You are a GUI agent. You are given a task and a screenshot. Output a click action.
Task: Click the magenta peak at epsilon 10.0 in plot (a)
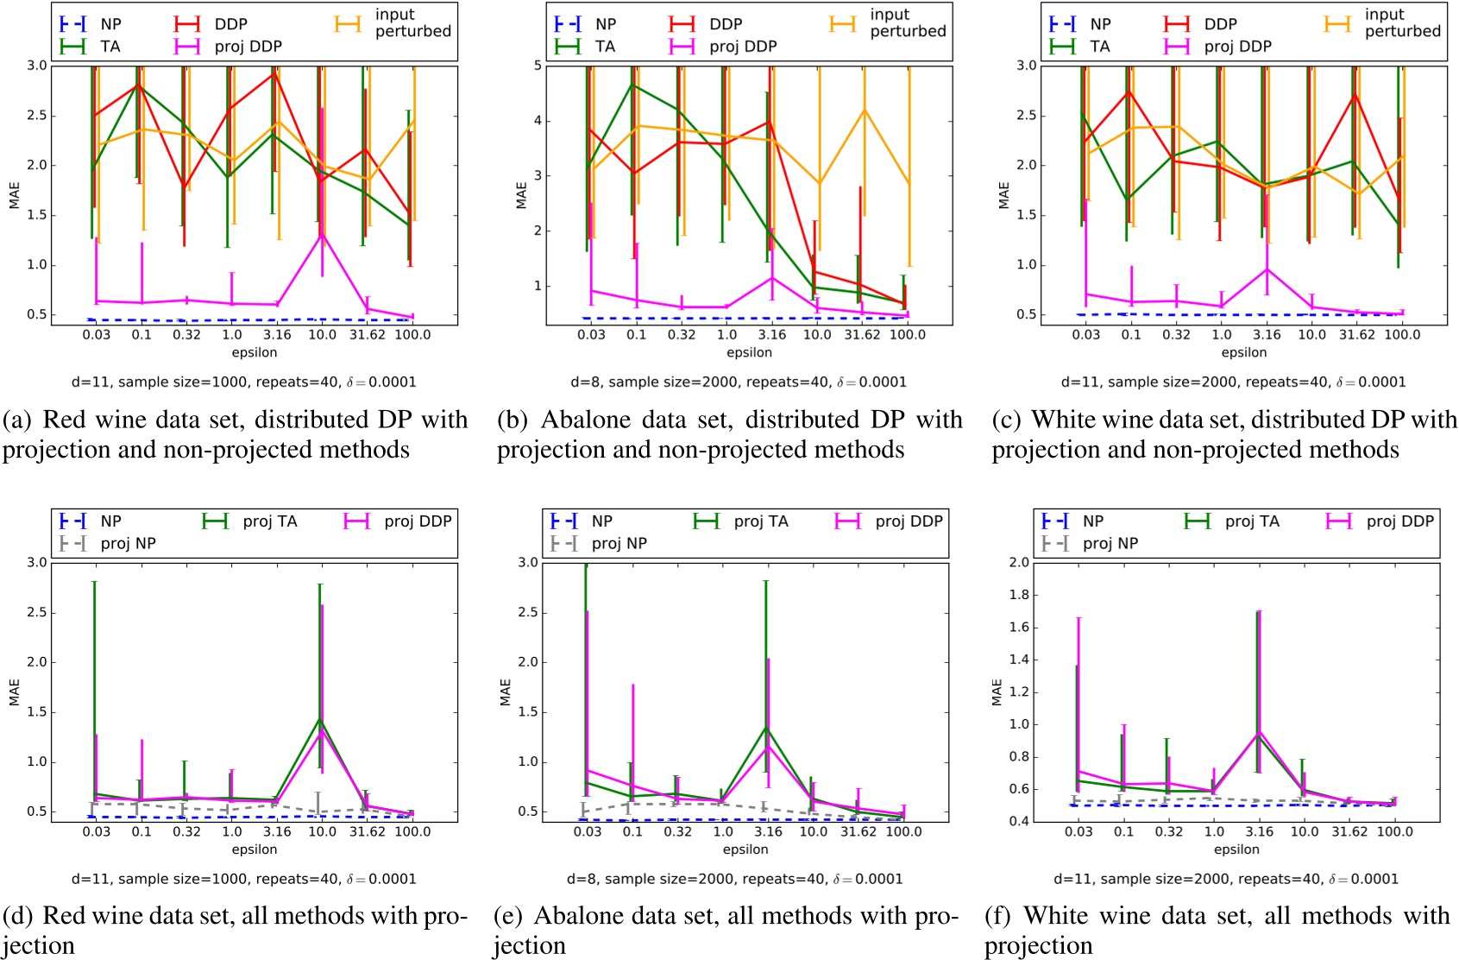coord(322,235)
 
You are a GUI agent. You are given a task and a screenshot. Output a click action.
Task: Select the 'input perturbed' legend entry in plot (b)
coord(907,23)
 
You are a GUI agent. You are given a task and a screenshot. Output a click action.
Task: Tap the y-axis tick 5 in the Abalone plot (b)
coord(537,66)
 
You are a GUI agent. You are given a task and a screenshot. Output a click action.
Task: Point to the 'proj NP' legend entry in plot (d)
coord(128,544)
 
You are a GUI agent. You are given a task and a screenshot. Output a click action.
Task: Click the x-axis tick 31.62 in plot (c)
coord(1356,335)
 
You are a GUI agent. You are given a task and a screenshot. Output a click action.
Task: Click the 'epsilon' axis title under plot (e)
coord(745,849)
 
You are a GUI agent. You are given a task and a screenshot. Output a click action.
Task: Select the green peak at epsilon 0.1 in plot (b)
coord(635,85)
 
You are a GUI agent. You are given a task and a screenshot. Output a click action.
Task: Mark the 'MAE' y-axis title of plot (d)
coord(14,692)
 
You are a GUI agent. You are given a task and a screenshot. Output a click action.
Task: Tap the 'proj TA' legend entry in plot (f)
coord(1251,521)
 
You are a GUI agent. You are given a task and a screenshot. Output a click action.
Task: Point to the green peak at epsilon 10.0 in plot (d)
coord(321,719)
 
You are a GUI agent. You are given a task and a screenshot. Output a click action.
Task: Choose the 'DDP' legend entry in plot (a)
coord(230,24)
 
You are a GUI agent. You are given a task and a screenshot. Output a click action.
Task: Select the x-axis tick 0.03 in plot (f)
coord(1079,832)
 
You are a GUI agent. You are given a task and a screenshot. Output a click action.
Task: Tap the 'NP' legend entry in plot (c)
coord(1100,24)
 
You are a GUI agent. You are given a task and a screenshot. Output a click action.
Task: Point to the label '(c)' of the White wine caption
coord(1007,420)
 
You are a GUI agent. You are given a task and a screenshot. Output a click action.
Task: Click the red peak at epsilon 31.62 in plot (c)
coord(1356,95)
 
